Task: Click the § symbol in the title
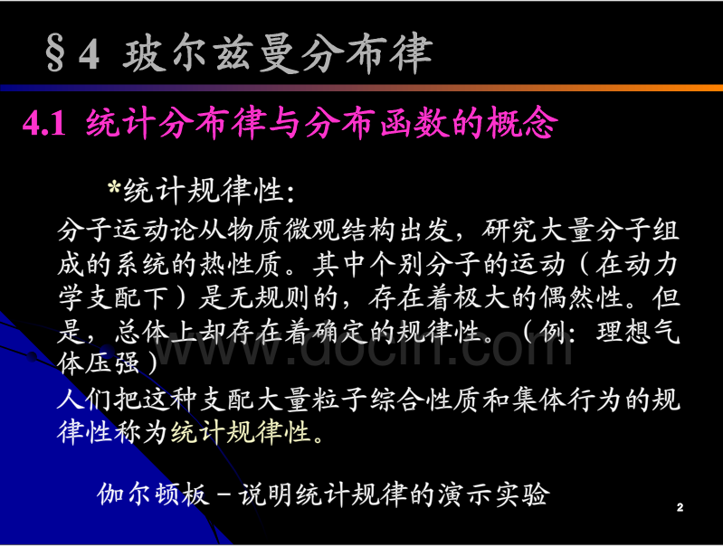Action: [55, 55]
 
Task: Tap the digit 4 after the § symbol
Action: [89, 54]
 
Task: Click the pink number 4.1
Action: [44, 124]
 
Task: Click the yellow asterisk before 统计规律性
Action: [113, 187]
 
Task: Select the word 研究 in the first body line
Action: [509, 231]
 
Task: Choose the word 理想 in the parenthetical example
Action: [623, 332]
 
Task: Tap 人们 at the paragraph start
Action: [84, 399]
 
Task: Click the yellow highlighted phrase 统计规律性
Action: [240, 432]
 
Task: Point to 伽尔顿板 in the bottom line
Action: [153, 494]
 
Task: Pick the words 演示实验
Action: [494, 494]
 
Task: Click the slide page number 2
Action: [680, 508]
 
